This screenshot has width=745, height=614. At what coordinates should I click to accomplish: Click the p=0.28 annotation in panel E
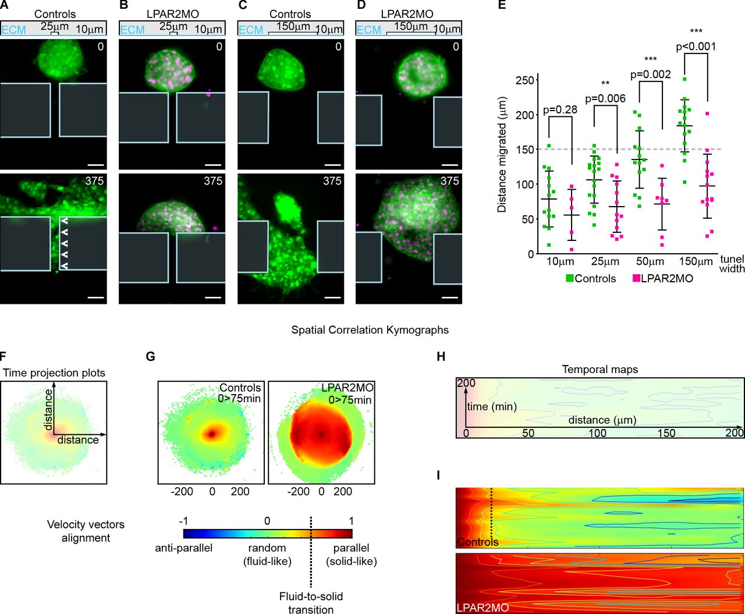[560, 110]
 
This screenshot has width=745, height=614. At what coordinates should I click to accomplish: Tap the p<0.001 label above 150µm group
[696, 47]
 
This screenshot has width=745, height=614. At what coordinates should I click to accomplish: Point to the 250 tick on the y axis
[527, 80]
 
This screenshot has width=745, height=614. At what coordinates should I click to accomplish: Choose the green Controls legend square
[570, 278]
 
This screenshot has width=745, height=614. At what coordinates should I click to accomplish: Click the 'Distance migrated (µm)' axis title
[501, 164]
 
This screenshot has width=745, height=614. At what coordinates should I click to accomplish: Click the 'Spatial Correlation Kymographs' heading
[370, 330]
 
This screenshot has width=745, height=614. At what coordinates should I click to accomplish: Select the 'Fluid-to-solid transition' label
[311, 603]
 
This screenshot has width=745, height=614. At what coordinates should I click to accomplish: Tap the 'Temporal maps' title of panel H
[599, 370]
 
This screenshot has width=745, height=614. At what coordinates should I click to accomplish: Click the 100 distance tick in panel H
[598, 433]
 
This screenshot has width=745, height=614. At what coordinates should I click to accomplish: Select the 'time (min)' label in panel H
[491, 407]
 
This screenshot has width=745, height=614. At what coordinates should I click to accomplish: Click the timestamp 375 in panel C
[332, 181]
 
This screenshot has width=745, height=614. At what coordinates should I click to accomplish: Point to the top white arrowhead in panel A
[65, 221]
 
